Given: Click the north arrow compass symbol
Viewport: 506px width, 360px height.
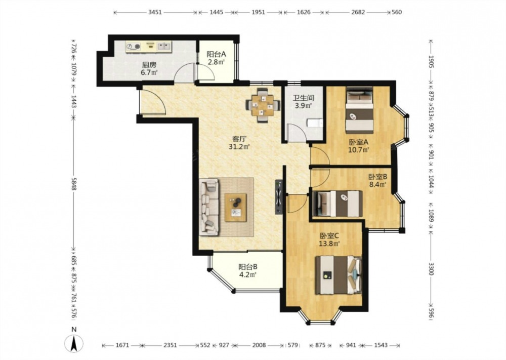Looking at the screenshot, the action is (74, 343).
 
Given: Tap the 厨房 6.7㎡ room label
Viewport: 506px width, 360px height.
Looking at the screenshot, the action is (149, 68).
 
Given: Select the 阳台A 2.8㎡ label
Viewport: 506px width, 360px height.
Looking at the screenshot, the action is (216, 58).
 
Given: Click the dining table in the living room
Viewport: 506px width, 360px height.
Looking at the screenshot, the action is (262, 105).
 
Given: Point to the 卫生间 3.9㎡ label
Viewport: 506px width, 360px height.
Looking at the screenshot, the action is (303, 101).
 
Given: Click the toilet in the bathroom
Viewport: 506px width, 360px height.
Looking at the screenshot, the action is (315, 124).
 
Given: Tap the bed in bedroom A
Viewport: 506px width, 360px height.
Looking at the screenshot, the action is (359, 110).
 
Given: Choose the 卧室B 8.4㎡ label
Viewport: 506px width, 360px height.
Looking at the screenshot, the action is (378, 181).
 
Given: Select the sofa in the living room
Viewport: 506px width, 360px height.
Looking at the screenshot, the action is (209, 207).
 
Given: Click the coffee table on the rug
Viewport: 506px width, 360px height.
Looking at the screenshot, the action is (236, 208).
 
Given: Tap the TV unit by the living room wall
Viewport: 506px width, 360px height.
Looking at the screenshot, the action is (279, 197).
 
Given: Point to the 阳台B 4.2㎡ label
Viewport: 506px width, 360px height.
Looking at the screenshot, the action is (247, 270).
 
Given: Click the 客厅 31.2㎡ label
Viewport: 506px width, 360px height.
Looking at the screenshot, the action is (239, 143).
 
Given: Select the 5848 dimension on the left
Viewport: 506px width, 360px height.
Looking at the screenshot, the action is (73, 184).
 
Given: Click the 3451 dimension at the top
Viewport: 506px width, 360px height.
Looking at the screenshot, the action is (155, 12).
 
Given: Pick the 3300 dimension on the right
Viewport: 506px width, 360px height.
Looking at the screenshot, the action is (431, 269).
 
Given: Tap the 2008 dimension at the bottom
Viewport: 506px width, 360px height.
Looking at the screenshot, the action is (259, 345).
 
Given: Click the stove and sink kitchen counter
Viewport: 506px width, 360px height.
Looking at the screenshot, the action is (149, 47).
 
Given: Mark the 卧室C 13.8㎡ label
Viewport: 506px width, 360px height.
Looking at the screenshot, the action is (329, 239).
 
